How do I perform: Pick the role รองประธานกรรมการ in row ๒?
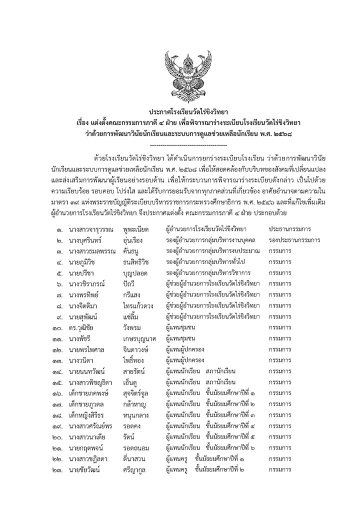294,240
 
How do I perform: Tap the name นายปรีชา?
83,274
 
